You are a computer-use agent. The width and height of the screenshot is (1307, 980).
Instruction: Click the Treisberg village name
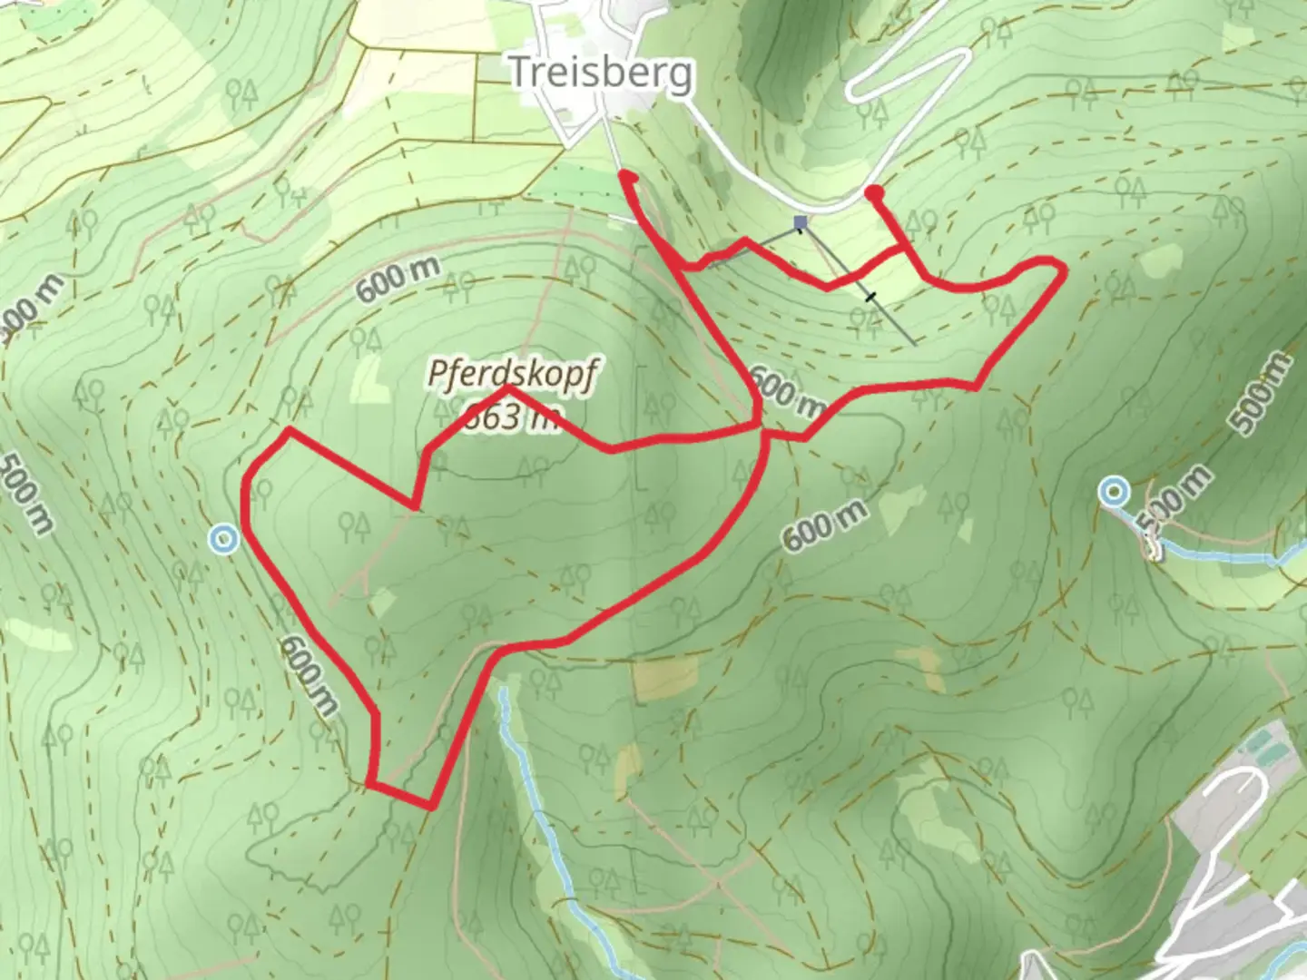(601, 72)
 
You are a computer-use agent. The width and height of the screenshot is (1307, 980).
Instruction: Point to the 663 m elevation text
(508, 417)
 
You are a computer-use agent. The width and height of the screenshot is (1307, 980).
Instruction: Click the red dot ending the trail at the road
(874, 193)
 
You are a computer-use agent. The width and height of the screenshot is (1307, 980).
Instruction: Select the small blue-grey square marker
(800, 222)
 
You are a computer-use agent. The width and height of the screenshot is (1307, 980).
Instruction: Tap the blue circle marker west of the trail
(223, 539)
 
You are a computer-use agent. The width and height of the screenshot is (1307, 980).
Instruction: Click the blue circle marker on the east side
(1113, 492)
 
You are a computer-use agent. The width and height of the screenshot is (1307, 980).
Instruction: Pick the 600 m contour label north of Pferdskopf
(398, 279)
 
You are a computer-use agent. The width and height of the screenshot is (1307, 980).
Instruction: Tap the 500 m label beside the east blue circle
(1174, 500)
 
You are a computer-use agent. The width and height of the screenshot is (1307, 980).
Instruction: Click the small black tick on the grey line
(871, 296)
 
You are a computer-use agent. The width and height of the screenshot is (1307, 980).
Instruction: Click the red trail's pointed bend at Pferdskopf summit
(507, 388)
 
